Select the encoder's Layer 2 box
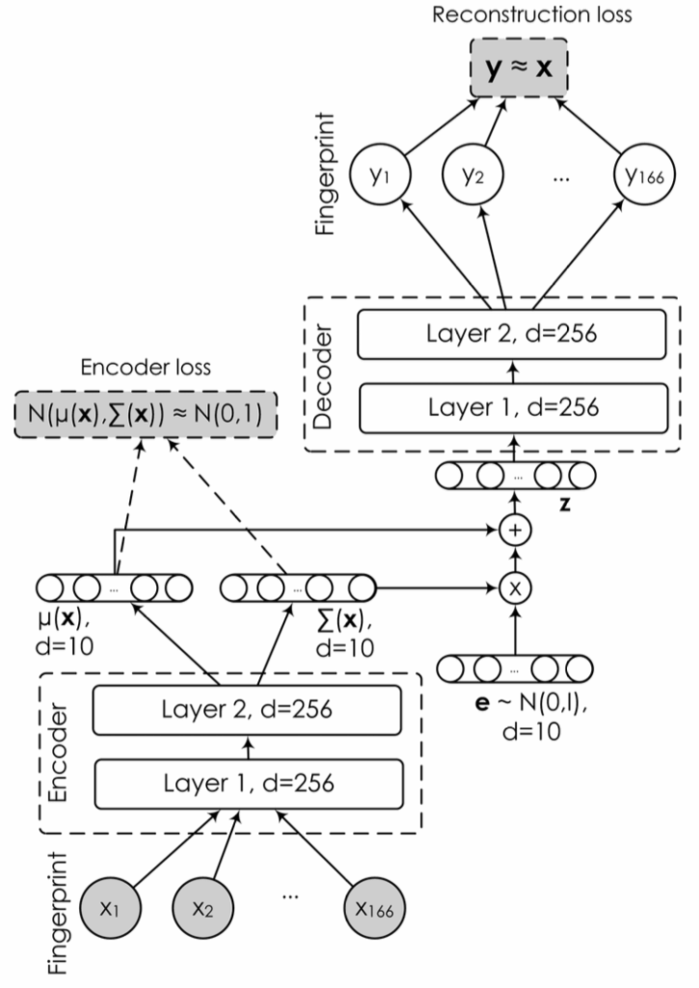coord(248,711)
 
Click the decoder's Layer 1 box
coord(512,407)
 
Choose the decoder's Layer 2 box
coord(512,336)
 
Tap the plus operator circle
coord(515,529)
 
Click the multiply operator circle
coord(515,587)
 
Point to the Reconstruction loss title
coord(519,16)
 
